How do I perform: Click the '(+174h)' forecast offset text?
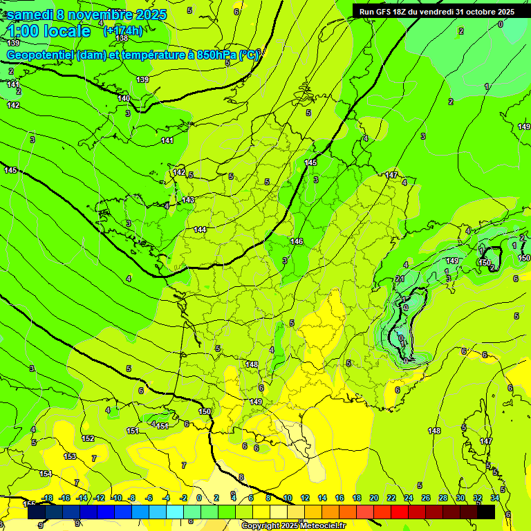(122, 31)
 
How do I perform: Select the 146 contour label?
(297, 241)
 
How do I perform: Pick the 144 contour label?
(201, 230)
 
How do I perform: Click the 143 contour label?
(188, 200)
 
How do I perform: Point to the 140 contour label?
(124, 99)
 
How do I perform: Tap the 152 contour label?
(88, 438)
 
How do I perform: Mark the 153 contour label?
(70, 456)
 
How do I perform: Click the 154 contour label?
(46, 474)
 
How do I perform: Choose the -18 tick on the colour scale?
(47, 498)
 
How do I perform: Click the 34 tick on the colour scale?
(494, 498)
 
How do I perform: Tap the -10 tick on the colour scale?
(116, 498)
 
